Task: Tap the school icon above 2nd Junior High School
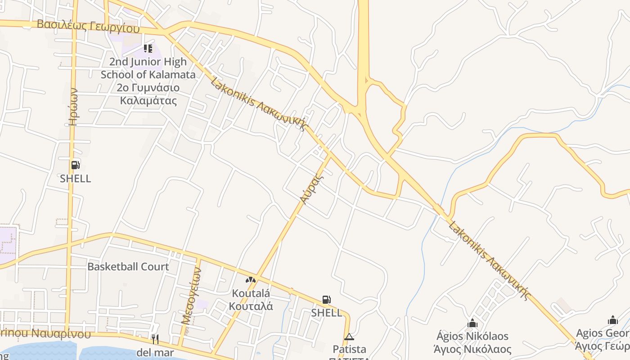(x=148, y=48)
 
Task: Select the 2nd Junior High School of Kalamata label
(x=148, y=81)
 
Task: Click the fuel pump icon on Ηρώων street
(x=75, y=165)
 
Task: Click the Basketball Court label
(x=128, y=266)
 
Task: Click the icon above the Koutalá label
(x=251, y=280)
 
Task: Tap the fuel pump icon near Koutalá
(x=327, y=300)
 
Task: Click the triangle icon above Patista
(x=349, y=337)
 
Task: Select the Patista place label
(x=350, y=349)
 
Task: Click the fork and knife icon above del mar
(x=155, y=339)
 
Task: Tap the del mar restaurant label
(x=155, y=352)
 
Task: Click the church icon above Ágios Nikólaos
(x=472, y=323)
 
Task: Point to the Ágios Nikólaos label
(x=472, y=342)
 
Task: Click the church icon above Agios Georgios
(x=613, y=320)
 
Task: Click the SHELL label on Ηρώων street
(x=76, y=178)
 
